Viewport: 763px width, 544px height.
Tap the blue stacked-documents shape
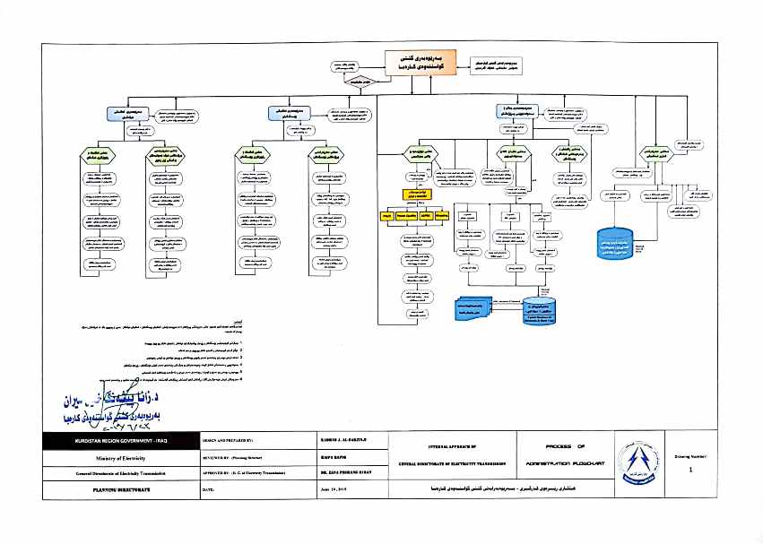pyautogui.click(x=479, y=307)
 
